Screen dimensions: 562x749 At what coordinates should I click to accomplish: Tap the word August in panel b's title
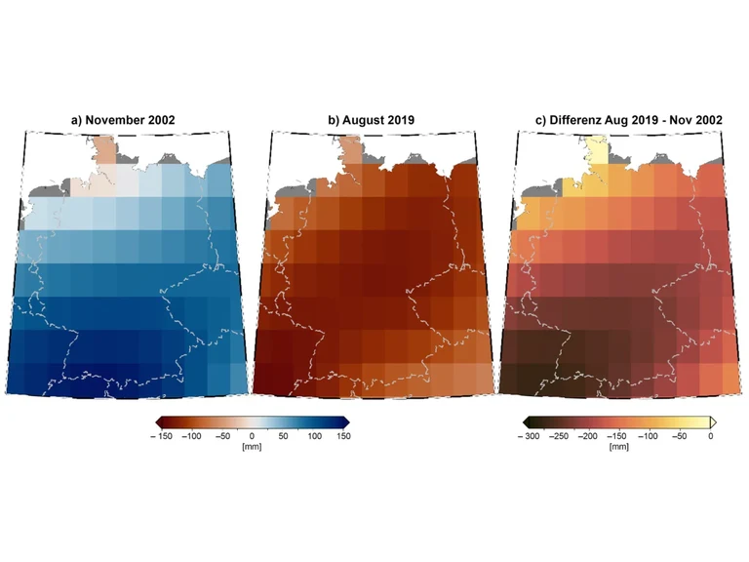coord(363,120)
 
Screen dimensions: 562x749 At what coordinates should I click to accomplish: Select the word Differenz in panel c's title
coord(579,120)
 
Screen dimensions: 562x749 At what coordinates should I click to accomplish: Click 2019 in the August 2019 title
coord(400,120)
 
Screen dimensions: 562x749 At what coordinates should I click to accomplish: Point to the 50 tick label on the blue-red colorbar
coord(284,435)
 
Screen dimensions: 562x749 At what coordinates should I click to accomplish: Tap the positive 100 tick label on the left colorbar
coord(314,435)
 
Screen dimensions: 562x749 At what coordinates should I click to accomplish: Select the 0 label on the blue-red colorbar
coord(252,435)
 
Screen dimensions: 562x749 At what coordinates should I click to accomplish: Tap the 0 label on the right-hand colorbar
coord(709,435)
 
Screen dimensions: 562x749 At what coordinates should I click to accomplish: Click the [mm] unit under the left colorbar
coord(252,446)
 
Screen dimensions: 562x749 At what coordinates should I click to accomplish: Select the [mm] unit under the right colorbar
coord(618,446)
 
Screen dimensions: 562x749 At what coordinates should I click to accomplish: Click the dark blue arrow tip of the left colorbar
coord(346,421)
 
